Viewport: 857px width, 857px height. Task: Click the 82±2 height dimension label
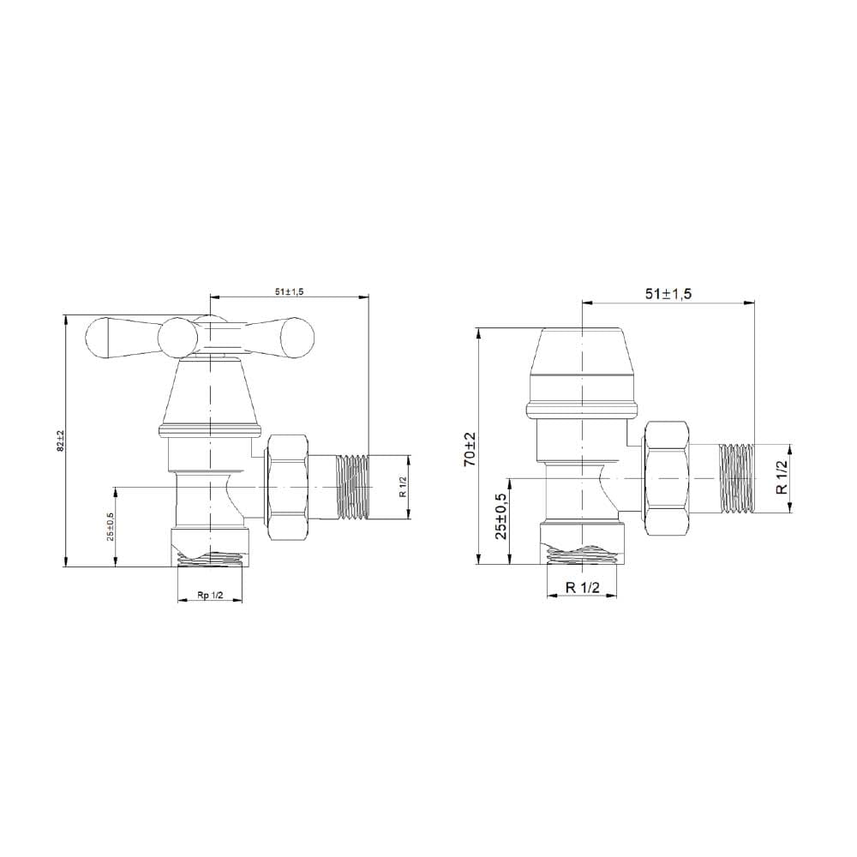click(60, 440)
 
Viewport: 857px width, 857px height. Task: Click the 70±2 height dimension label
click(470, 449)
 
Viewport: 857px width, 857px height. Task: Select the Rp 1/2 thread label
click(211, 596)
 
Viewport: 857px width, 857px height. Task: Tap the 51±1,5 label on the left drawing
click(289, 291)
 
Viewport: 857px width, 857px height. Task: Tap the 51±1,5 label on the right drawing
click(668, 293)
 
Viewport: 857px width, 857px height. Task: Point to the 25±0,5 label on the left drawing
click(111, 526)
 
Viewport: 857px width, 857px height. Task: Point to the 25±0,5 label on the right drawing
click(501, 515)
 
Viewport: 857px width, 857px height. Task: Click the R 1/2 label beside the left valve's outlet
click(403, 487)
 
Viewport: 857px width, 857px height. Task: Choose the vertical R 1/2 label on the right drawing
click(783, 477)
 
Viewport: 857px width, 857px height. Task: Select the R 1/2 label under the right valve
click(583, 588)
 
